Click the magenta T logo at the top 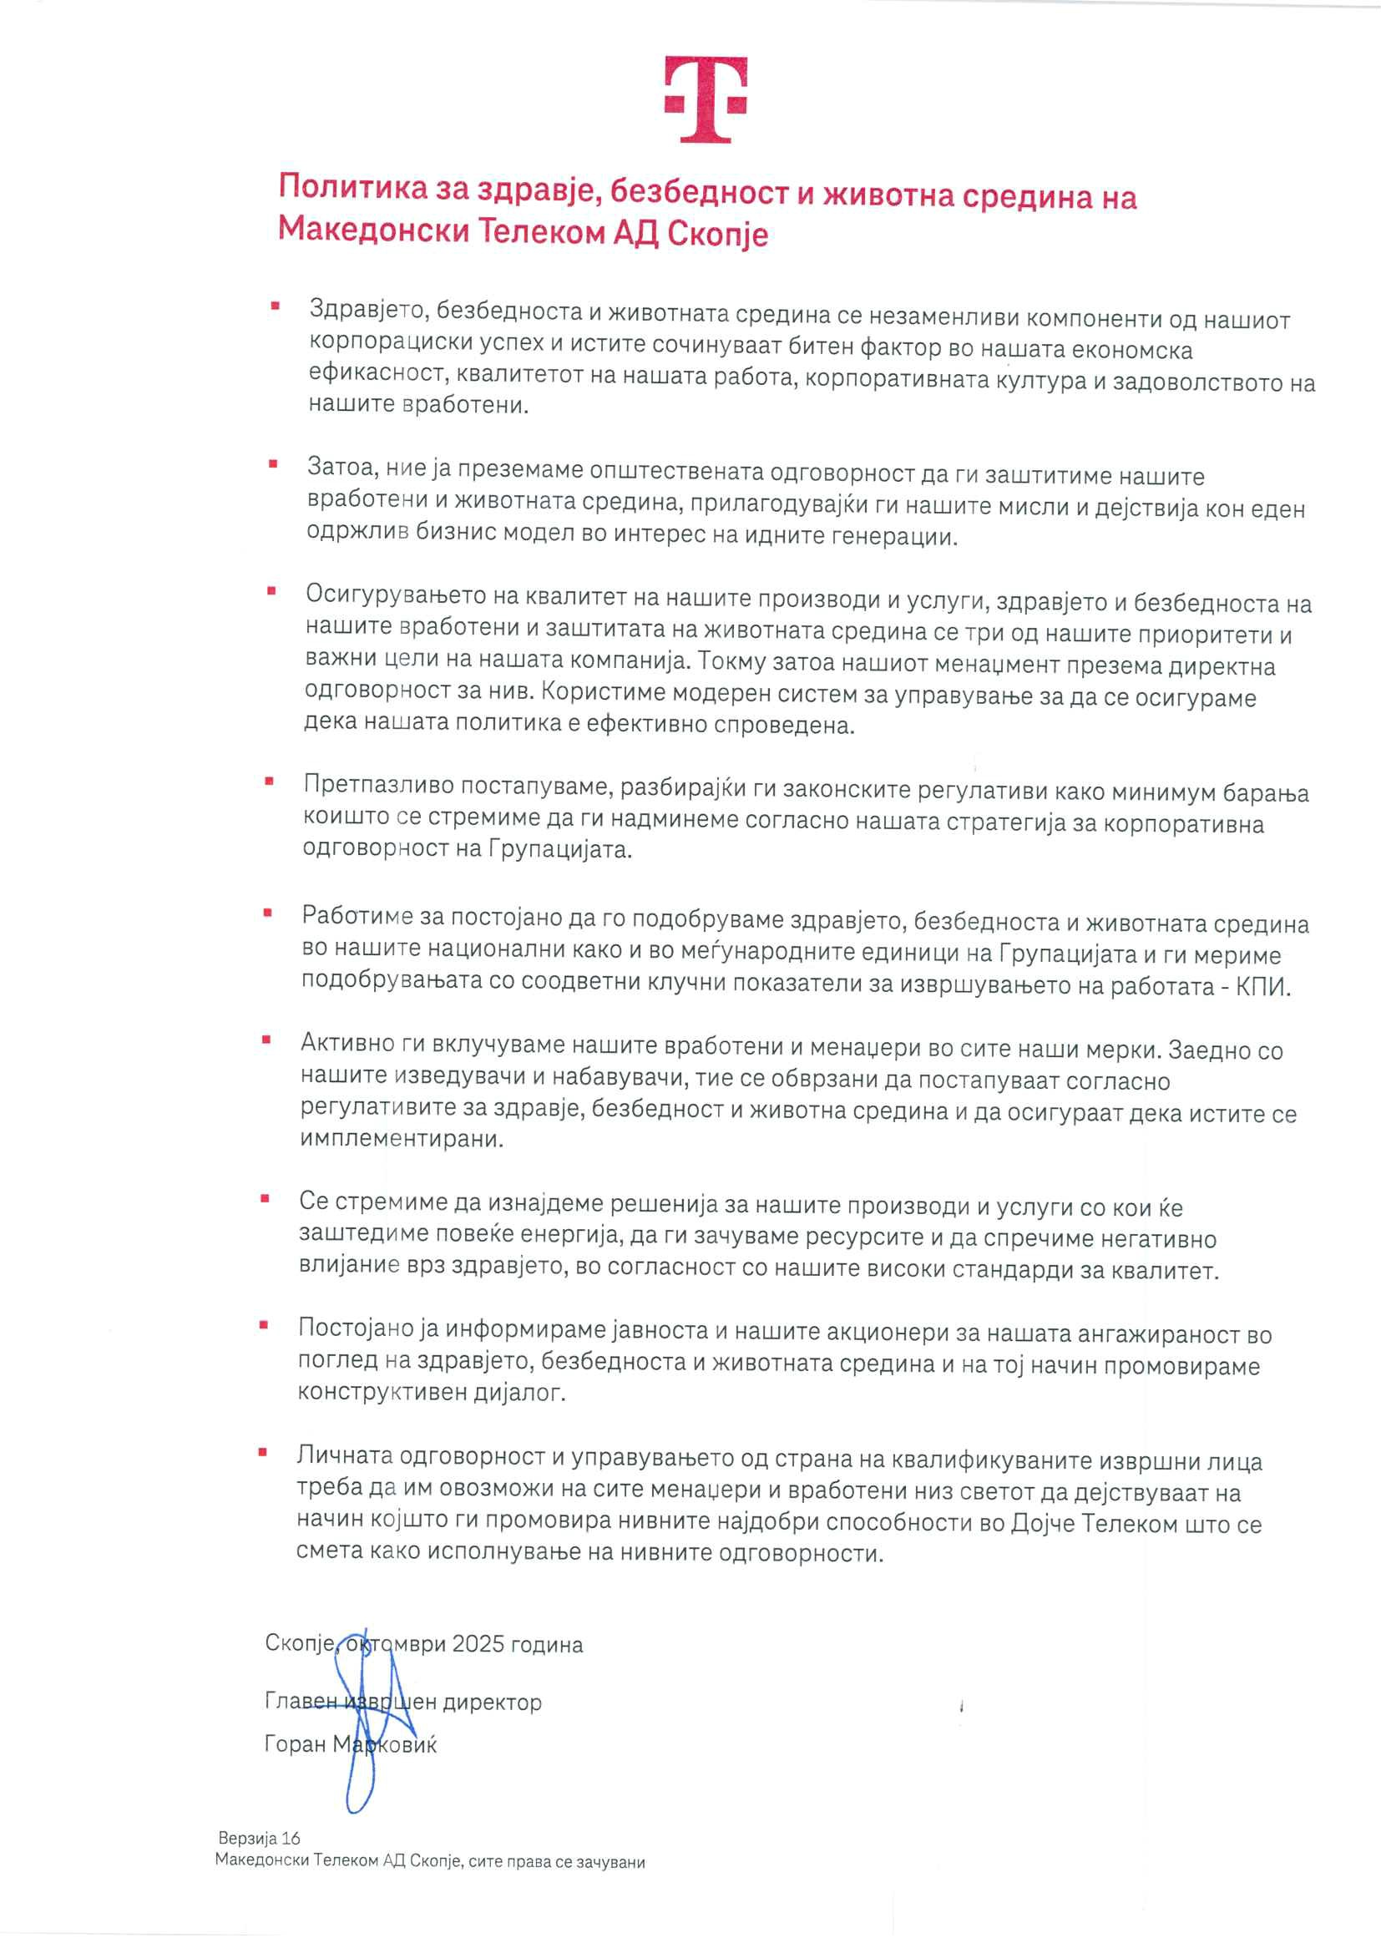pos(706,99)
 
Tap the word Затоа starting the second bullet pos(341,466)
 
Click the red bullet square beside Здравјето pos(275,305)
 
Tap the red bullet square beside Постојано pos(265,1324)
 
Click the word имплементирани pos(402,1139)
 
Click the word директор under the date pos(493,1702)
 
